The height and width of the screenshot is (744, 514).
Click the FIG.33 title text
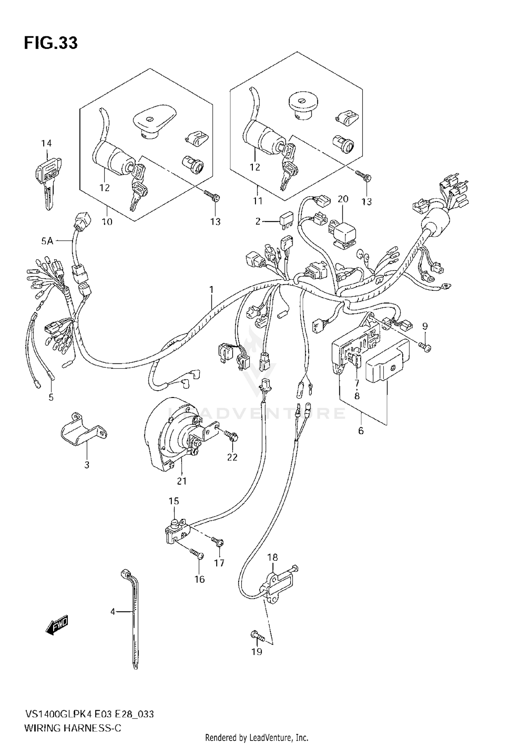point(51,43)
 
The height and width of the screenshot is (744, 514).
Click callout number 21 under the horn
point(182,481)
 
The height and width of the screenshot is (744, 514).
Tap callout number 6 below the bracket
point(361,431)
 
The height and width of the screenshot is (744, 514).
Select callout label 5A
point(47,241)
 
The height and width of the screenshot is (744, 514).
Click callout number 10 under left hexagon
point(107,222)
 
